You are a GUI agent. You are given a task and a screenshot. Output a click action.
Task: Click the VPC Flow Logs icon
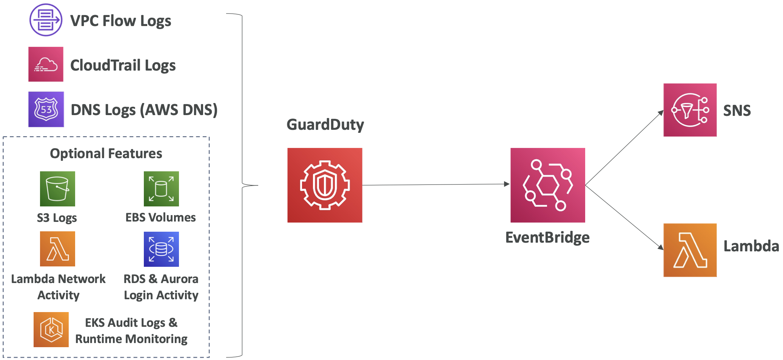click(x=46, y=20)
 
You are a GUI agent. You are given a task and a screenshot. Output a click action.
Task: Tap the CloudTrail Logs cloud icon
click(x=46, y=64)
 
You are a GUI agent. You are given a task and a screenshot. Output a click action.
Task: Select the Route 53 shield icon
click(x=46, y=109)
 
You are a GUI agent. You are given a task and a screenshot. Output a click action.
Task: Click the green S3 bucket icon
click(x=57, y=189)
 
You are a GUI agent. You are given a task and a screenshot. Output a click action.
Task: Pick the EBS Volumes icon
click(x=161, y=189)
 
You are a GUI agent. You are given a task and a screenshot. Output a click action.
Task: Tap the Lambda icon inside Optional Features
click(x=57, y=249)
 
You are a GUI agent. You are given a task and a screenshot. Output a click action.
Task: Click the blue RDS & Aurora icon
click(x=161, y=249)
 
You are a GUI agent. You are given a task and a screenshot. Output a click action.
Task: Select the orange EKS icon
click(x=51, y=329)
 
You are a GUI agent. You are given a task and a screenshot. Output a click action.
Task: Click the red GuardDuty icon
click(x=325, y=185)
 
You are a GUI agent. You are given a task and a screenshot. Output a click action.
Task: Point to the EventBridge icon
click(x=548, y=185)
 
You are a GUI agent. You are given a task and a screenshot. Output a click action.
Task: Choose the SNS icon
click(x=690, y=110)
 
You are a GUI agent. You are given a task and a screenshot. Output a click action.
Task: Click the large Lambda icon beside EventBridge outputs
click(x=690, y=250)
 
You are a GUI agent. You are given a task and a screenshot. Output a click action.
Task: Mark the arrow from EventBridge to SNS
click(x=624, y=148)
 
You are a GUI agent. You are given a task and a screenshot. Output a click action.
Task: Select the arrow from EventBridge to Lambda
click(x=624, y=217)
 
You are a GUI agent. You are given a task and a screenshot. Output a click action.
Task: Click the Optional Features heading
click(x=106, y=154)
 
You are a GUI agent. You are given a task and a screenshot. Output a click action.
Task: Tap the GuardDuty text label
click(x=325, y=125)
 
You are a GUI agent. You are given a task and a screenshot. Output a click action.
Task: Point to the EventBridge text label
click(x=547, y=237)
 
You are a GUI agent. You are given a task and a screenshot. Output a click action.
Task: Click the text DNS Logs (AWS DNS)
click(x=144, y=110)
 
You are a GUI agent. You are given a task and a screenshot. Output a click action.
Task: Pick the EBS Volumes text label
click(x=160, y=217)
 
